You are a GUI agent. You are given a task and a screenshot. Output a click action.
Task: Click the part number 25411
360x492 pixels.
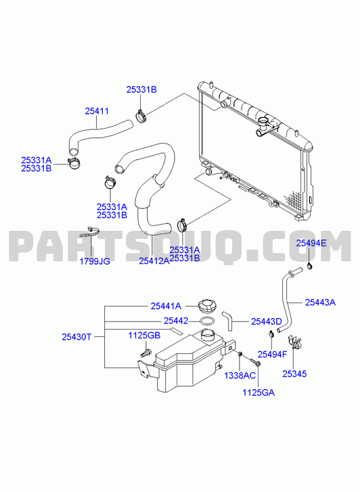pyautogui.click(x=97, y=111)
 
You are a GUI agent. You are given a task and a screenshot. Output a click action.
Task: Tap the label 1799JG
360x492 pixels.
pyautogui.click(x=95, y=261)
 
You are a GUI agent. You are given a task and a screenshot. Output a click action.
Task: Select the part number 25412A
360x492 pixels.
pyautogui.click(x=154, y=261)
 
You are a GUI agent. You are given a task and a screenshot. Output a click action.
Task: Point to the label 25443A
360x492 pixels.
pyautogui.click(x=321, y=303)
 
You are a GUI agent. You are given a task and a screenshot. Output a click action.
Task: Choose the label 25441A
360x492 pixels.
pyautogui.click(x=166, y=306)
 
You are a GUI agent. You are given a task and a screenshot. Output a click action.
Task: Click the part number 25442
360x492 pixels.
pyautogui.click(x=176, y=321)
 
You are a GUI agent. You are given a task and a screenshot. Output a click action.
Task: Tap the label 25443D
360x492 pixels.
pyautogui.click(x=267, y=321)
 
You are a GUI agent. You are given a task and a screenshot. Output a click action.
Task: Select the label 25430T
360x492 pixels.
pyautogui.click(x=76, y=337)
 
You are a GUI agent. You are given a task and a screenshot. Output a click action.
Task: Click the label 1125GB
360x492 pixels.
pyautogui.click(x=144, y=336)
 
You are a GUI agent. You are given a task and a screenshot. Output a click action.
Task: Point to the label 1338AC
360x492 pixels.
pyautogui.click(x=240, y=376)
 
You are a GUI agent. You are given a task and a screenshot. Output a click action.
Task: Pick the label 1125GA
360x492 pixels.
pyautogui.click(x=258, y=393)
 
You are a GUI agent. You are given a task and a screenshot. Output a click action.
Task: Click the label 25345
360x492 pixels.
pyautogui.click(x=294, y=374)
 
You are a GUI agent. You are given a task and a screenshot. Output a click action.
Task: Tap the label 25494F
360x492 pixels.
pyautogui.click(x=272, y=355)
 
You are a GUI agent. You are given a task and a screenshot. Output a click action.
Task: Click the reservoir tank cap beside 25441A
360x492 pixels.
pyautogui.click(x=207, y=307)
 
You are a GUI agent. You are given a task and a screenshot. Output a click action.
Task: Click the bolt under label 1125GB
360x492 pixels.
pyautogui.click(x=145, y=353)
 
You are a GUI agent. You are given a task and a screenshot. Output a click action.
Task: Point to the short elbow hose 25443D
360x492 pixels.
pyautogui.click(x=227, y=320)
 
